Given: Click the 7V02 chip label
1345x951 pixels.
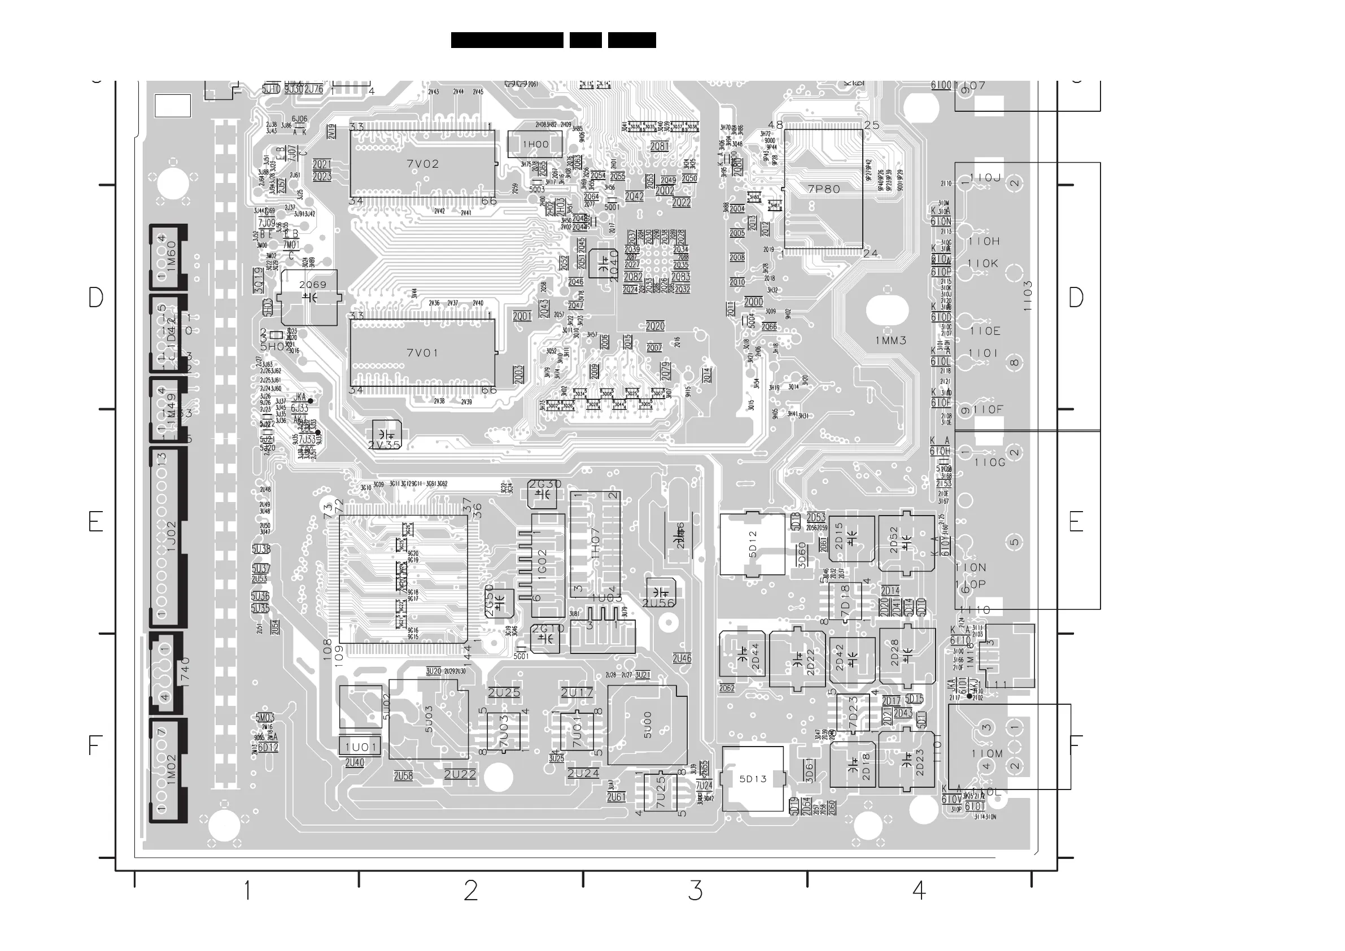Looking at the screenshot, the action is tap(422, 164).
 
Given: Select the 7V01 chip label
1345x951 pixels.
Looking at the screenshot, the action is tap(422, 353).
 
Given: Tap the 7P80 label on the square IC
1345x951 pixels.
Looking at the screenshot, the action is tap(824, 189).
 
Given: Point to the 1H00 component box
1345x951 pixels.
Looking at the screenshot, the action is tap(535, 145).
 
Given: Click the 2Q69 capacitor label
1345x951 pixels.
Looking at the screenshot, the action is tap(312, 285).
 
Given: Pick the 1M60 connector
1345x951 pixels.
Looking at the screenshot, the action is tap(169, 256).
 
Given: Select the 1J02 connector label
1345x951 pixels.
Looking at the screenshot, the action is tap(171, 536).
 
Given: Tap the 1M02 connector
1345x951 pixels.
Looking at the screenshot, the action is tap(169, 770).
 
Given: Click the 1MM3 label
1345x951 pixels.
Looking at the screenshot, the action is tap(890, 341).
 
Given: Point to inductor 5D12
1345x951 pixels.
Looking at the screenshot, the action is tap(753, 545).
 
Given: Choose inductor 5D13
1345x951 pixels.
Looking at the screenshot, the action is tap(753, 779).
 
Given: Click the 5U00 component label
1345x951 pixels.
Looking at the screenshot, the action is tap(647, 725).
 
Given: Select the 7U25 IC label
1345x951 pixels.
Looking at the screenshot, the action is tap(660, 792).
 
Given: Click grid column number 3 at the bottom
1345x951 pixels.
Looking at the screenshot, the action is tap(695, 891).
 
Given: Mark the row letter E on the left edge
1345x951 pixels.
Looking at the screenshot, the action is tap(95, 521).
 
